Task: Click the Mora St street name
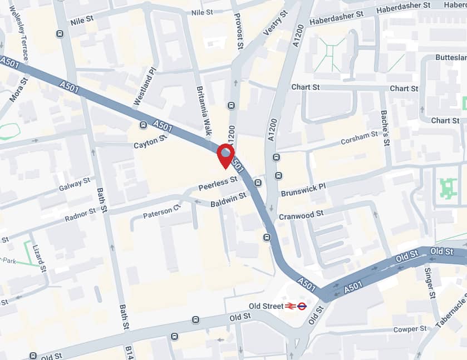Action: [19, 90]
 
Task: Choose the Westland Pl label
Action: [144, 87]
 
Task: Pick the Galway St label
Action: [75, 184]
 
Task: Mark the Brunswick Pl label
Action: [303, 190]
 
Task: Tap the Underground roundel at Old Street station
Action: [302, 305]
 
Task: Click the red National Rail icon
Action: [290, 305]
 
